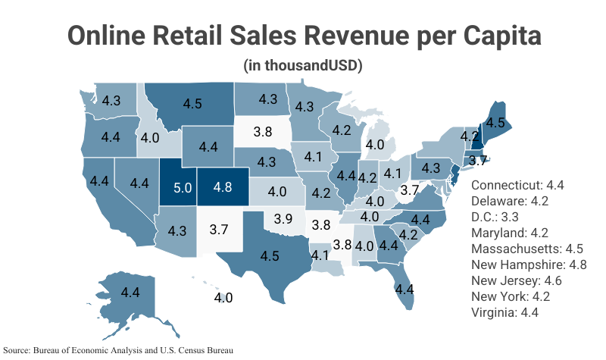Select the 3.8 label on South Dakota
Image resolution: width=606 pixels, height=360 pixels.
(x=263, y=131)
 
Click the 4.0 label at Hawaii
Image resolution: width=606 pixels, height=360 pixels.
(x=223, y=298)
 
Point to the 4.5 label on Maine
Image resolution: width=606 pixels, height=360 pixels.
(x=495, y=121)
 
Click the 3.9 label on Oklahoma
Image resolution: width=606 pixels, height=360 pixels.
(x=283, y=218)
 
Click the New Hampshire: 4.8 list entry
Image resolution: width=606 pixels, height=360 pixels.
(x=529, y=265)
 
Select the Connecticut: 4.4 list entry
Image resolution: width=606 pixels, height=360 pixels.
(x=517, y=185)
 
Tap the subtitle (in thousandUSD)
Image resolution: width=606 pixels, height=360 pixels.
(x=303, y=66)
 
